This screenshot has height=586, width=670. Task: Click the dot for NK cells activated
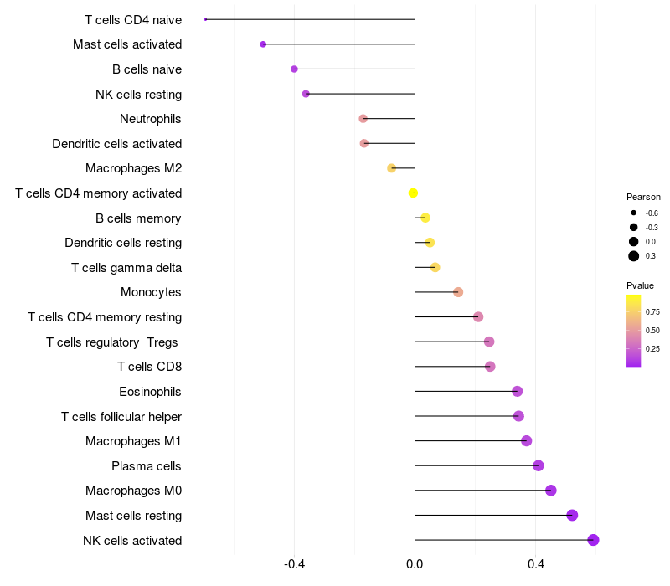[x=593, y=540]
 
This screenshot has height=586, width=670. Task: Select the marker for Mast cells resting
[x=572, y=515]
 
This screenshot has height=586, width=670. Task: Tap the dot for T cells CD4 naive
[x=206, y=19]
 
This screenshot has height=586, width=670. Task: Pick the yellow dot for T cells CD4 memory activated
[x=413, y=193]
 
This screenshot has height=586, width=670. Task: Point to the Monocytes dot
[x=458, y=292]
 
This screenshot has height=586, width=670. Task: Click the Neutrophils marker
[x=363, y=119]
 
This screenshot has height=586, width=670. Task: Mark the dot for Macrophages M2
[x=391, y=168]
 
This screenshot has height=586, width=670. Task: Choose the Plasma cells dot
[x=539, y=465]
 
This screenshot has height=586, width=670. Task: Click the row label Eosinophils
[x=150, y=391]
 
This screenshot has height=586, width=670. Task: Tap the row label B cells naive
[x=147, y=69]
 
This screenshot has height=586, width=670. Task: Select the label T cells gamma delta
[x=126, y=268]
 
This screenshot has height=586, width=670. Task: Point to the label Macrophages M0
[x=133, y=491]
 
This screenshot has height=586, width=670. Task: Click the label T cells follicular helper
[x=121, y=416]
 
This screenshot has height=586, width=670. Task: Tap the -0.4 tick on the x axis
[x=294, y=564]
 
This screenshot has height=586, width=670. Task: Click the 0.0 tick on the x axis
[x=415, y=564]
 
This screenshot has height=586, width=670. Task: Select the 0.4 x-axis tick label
[x=535, y=564]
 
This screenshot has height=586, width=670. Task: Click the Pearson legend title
[x=643, y=197]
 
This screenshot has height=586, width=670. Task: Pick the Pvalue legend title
[x=640, y=285]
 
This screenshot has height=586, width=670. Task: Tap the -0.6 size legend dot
[x=634, y=213]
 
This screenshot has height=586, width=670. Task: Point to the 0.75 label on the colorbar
[x=652, y=311]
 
